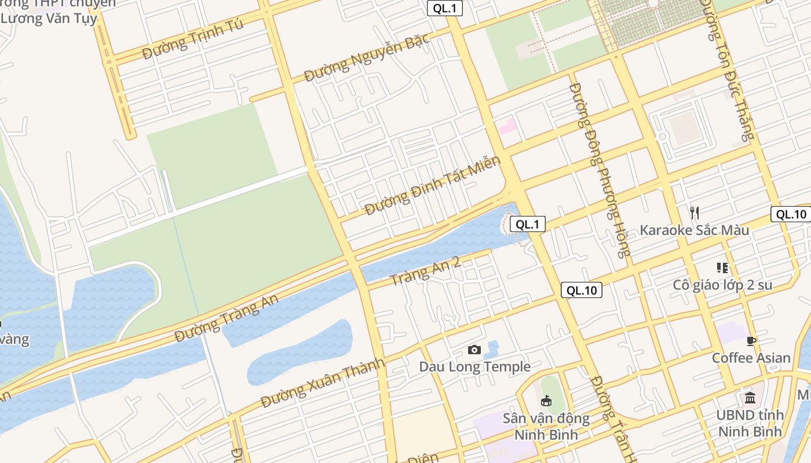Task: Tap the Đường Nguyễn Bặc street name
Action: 367,57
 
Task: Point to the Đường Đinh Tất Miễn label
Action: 432,185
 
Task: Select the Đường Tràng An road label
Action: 227,318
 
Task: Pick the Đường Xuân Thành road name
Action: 323,383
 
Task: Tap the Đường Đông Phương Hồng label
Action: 600,170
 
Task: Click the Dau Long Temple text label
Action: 474,366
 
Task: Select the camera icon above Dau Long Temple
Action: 474,350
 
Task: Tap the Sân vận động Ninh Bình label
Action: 546,426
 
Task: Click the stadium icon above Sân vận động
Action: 546,400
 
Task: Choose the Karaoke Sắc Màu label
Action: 694,230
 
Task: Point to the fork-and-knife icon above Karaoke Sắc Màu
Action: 695,212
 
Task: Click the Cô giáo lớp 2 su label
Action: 722,285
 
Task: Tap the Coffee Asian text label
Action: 751,358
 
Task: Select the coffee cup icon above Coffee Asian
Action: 751,341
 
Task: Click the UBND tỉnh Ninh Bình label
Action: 750,423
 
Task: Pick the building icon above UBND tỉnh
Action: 750,398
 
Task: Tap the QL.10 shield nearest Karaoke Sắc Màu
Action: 791,214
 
